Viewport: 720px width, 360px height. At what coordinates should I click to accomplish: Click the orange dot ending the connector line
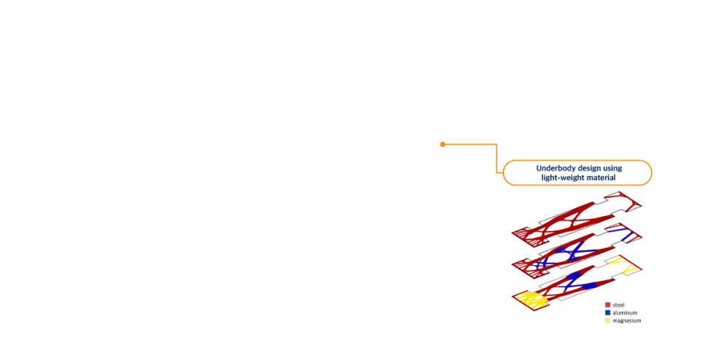[x=443, y=144]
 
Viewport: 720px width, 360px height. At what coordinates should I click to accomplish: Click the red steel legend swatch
[x=608, y=305]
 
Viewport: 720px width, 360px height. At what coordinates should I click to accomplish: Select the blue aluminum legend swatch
[x=608, y=312]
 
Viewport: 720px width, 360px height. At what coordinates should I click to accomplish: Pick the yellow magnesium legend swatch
[x=608, y=320]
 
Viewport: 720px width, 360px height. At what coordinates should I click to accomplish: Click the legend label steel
[x=618, y=305]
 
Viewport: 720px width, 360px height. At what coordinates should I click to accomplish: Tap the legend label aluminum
[x=625, y=312]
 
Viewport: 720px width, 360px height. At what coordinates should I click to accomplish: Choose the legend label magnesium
[x=627, y=320]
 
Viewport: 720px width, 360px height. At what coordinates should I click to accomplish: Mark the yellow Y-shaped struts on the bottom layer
[x=624, y=264]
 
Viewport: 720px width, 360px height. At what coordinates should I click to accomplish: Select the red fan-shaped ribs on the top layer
[x=526, y=234]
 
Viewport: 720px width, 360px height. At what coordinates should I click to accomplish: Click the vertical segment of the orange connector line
[x=497, y=158]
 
